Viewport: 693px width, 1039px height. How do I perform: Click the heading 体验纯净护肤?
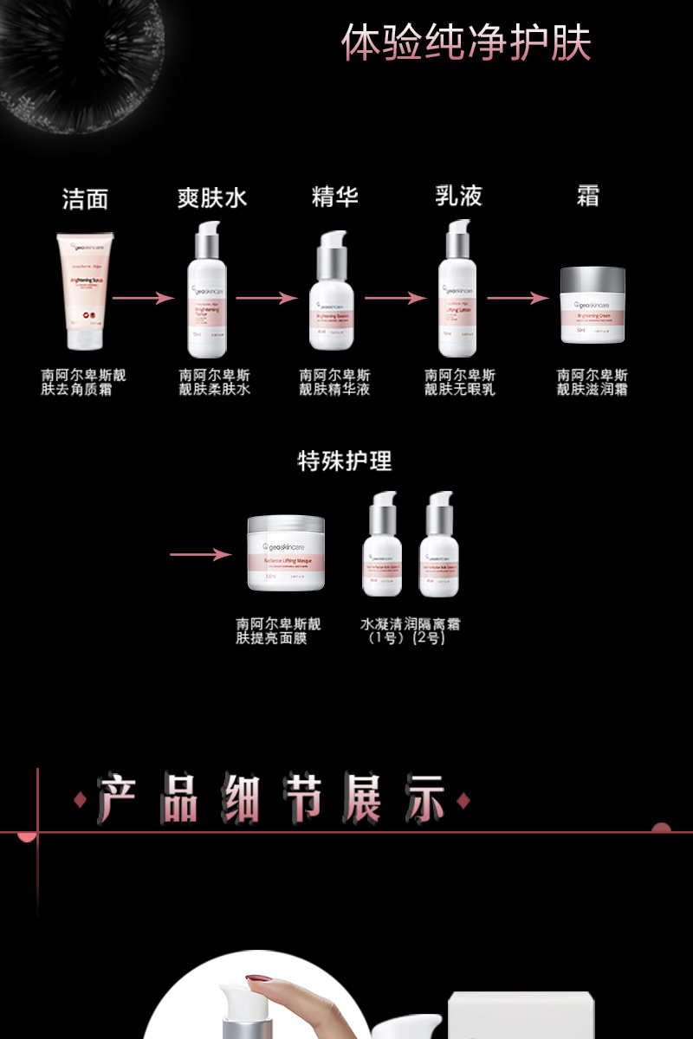click(x=466, y=43)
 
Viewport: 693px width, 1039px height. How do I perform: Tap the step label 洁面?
click(x=85, y=199)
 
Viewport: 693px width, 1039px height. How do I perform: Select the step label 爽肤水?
click(x=212, y=198)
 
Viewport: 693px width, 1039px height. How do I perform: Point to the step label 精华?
click(x=335, y=197)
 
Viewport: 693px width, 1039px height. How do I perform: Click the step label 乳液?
click(x=458, y=197)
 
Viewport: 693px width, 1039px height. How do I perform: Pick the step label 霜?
click(x=588, y=197)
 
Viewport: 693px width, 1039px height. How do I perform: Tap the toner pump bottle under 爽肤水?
click(x=207, y=291)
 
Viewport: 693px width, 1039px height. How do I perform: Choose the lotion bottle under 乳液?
click(x=457, y=291)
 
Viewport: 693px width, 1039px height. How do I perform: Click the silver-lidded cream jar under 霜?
click(x=593, y=305)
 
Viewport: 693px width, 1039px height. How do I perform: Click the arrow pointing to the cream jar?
click(x=517, y=299)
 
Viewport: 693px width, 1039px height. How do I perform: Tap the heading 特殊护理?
click(x=345, y=461)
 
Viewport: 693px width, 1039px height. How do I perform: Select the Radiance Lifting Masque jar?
click(x=286, y=553)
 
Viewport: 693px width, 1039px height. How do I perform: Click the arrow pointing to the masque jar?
click(x=201, y=554)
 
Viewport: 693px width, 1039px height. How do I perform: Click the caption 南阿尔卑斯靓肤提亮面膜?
click(x=278, y=631)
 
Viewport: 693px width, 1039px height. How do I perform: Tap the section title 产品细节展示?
click(x=271, y=799)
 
